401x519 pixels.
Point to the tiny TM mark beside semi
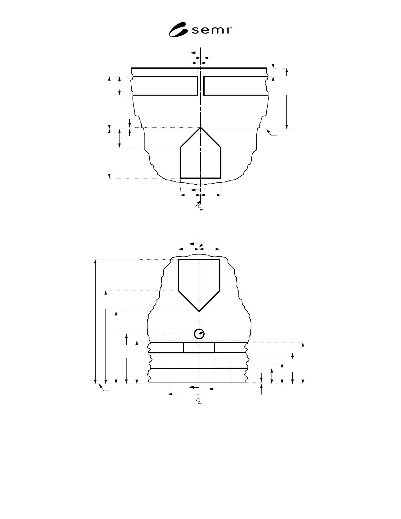point(230,28)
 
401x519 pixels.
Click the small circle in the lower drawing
point(199,334)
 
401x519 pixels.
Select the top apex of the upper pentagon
point(200,127)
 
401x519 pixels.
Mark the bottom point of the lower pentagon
point(199,311)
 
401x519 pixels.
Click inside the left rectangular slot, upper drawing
point(165,86)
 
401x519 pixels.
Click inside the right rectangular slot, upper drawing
point(236,86)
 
